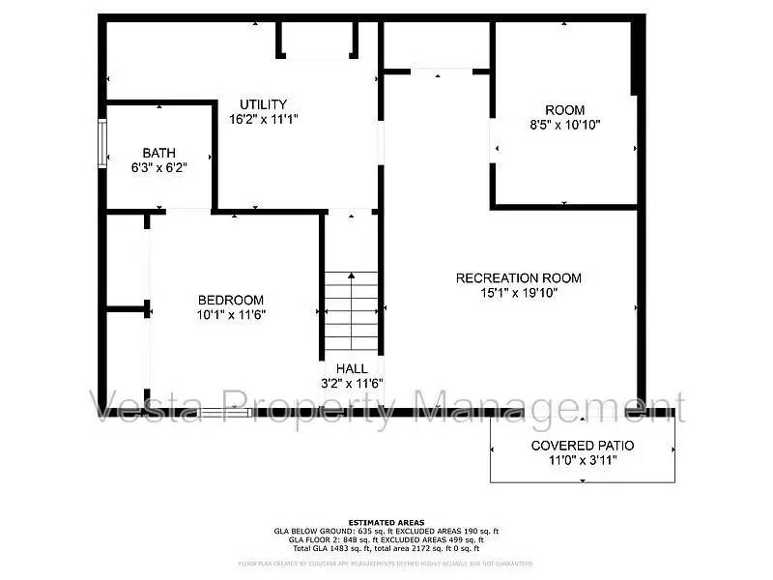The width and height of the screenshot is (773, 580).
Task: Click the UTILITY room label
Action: (x=264, y=104)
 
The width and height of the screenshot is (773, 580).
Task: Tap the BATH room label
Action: (x=159, y=153)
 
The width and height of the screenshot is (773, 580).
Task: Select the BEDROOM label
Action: (x=231, y=300)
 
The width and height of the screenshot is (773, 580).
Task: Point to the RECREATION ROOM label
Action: (x=519, y=278)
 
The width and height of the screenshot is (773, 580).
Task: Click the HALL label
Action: (x=352, y=368)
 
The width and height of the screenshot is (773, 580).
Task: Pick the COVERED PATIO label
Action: (x=583, y=446)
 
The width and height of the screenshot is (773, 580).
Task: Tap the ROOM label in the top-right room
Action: (x=565, y=110)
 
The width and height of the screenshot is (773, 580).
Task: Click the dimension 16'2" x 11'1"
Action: (x=264, y=120)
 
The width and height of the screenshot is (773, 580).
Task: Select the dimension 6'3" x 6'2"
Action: (x=159, y=167)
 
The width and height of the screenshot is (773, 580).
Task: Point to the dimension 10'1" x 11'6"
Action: (x=231, y=314)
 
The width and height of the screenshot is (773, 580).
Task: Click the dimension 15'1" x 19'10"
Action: (x=519, y=293)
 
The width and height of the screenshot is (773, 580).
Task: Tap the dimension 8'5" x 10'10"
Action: (x=565, y=125)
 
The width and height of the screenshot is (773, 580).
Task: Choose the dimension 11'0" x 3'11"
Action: (x=583, y=460)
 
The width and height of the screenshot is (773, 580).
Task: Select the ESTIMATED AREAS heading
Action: (x=386, y=523)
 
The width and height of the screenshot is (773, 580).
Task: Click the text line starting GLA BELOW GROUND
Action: (x=386, y=532)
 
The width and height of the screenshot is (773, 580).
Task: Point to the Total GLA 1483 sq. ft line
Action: (x=386, y=549)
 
